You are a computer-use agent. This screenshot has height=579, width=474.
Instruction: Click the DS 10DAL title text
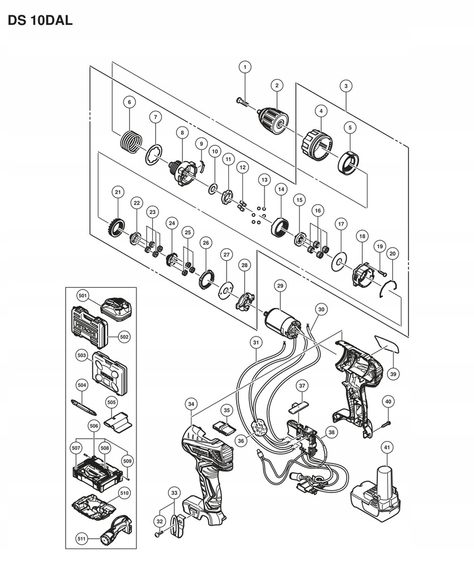click(x=40, y=22)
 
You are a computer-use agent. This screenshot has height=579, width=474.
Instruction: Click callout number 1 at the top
click(x=245, y=67)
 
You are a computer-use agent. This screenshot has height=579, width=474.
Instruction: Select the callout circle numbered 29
click(x=279, y=287)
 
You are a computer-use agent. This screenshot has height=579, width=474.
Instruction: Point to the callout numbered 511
click(x=82, y=539)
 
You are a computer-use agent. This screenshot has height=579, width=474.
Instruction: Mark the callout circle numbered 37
click(x=302, y=386)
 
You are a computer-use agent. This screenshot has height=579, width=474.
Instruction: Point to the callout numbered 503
click(x=82, y=356)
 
